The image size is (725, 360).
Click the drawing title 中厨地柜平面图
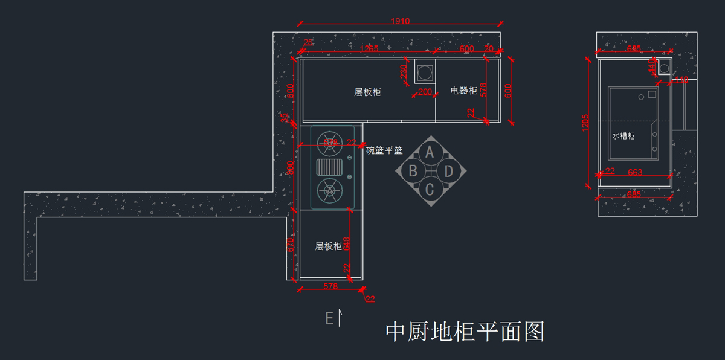point(465,332)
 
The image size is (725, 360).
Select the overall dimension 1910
point(400,21)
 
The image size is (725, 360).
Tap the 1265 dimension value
point(369,49)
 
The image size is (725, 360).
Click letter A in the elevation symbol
point(430,152)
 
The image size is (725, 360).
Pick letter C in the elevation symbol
point(430,190)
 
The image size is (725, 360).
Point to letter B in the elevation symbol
point(413,171)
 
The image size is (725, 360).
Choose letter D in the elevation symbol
point(448,171)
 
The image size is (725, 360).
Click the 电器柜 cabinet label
point(464,91)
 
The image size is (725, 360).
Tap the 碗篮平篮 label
point(384,150)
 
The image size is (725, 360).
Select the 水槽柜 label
point(623,137)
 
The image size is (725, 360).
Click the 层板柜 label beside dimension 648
point(329,246)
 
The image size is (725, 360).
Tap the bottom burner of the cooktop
point(329,191)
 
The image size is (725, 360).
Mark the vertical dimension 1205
point(585,123)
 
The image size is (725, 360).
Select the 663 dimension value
point(635,172)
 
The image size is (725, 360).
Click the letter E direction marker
point(329,318)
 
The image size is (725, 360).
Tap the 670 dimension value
point(291,245)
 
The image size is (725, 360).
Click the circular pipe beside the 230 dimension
point(424,71)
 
